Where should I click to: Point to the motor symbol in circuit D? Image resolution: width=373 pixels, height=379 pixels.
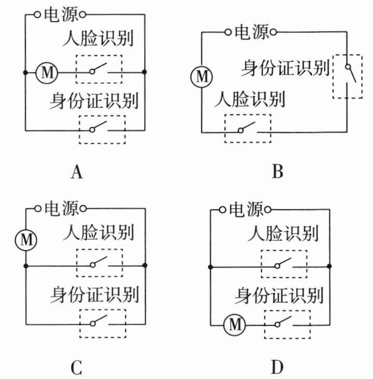point(234,325)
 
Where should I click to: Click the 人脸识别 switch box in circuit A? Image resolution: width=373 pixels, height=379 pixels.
point(99,69)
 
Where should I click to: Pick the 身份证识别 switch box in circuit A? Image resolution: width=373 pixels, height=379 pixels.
point(102,129)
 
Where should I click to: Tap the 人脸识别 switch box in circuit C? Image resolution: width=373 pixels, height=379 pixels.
point(99,263)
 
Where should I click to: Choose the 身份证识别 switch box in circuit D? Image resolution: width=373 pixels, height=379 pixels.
point(287,324)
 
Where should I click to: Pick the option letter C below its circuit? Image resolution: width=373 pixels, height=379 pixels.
point(76,367)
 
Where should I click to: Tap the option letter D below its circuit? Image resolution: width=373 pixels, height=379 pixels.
point(277,367)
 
